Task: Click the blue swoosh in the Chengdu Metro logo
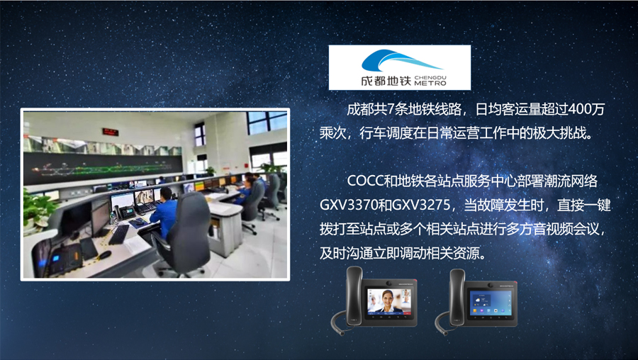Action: click(391, 61)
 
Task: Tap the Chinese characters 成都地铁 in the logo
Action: click(386, 81)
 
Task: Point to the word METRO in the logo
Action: click(430, 83)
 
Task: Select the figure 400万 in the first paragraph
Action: click(586, 109)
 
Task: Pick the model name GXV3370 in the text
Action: click(349, 205)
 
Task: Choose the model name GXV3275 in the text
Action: click(420, 205)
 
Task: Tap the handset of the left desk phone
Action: click(354, 296)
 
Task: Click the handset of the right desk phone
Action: click(457, 297)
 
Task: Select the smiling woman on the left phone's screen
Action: click(387, 301)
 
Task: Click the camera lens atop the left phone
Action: click(389, 283)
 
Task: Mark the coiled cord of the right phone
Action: click(442, 322)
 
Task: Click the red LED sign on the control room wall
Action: click(111, 132)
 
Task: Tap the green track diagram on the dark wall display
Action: click(103, 167)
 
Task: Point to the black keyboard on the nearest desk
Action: click(119, 235)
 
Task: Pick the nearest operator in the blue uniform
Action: click(164, 211)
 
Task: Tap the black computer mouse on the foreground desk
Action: click(105, 254)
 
